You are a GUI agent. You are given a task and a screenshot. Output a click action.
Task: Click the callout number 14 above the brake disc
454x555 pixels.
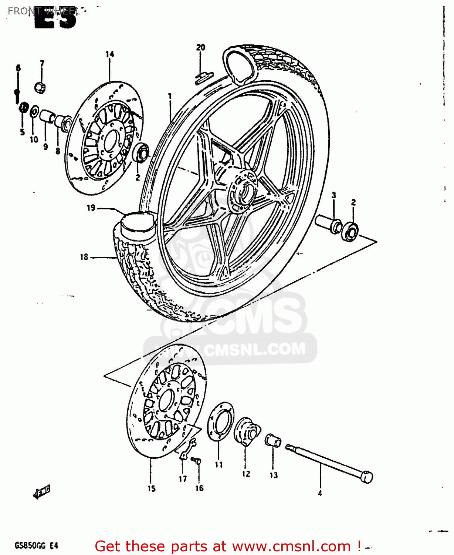(110, 54)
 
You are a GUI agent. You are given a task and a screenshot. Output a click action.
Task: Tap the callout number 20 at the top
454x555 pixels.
(200, 47)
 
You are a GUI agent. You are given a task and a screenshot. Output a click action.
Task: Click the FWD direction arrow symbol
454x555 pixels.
(42, 492)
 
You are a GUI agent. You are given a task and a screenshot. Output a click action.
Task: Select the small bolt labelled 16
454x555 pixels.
(196, 461)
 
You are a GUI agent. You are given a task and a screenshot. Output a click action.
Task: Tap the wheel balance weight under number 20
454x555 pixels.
(204, 75)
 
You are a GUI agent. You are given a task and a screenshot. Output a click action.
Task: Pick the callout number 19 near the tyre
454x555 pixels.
(91, 208)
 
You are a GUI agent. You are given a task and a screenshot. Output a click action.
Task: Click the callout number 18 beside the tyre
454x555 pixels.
(84, 257)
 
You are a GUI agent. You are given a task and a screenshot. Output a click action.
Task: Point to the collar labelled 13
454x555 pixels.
(273, 440)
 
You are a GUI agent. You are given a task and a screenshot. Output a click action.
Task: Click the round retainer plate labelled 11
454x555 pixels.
(220, 421)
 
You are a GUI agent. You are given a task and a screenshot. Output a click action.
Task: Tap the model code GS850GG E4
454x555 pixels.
(36, 545)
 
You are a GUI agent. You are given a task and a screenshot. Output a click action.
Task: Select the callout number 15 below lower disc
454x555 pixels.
(152, 488)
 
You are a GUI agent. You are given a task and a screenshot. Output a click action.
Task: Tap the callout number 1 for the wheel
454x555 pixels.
(170, 96)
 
